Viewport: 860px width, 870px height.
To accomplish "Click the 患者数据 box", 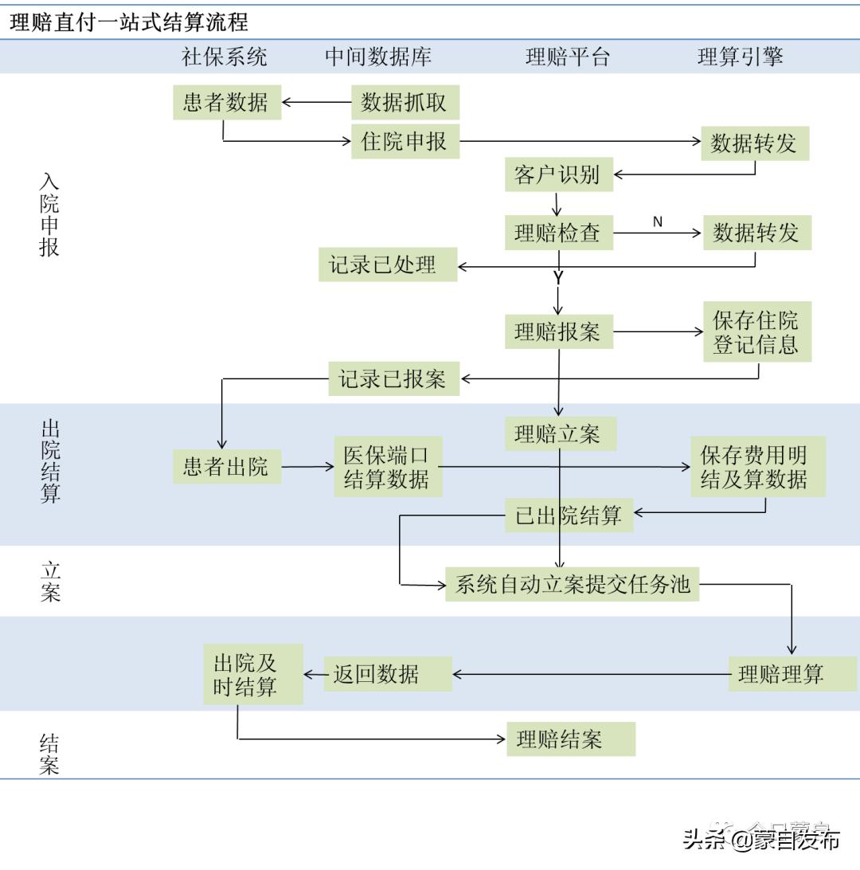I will point(227,102).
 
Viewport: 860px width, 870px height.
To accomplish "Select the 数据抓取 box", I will point(405,102).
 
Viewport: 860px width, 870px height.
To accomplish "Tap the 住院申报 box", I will point(405,142).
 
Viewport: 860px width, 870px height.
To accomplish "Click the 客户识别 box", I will point(558,174).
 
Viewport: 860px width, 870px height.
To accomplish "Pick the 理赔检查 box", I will point(558,233).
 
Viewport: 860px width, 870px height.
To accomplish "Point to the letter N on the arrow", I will point(658,222).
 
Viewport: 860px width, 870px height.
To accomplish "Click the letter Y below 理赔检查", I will point(557,278).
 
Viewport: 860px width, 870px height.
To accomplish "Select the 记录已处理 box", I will point(388,265).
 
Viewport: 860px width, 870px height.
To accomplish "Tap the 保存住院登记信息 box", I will point(756,332).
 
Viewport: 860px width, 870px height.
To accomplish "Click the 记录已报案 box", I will point(393,378).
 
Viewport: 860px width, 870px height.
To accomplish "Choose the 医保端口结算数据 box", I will point(388,468).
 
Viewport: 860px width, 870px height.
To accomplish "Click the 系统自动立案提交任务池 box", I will point(572,585).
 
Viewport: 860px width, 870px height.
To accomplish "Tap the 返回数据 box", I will point(388,674).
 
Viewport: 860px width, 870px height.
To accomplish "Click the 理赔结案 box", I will point(570,739).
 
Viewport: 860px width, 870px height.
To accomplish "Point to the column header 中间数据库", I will point(378,57).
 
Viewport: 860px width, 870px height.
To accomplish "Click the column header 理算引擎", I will point(741,57).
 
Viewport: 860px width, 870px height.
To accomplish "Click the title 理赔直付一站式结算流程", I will point(129,22).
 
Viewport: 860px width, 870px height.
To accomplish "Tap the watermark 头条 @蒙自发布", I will point(761,840).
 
